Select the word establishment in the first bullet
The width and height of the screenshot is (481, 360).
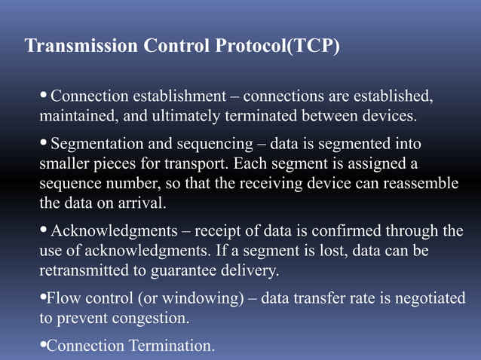pos(181,97)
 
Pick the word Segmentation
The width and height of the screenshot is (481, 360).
pos(97,143)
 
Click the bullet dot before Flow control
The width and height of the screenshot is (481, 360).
pos(42,298)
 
